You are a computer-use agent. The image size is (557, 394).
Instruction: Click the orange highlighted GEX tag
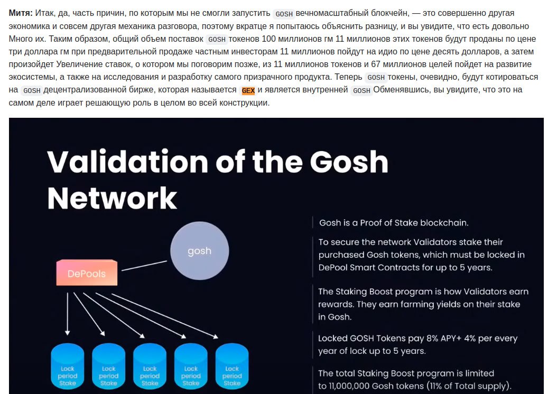[x=248, y=90]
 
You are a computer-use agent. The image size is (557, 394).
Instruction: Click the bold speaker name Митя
[x=21, y=13]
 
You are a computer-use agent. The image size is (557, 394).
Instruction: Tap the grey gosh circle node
[x=199, y=251]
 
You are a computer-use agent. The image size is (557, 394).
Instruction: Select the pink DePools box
[x=87, y=273]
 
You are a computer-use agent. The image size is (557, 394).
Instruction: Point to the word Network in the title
[x=112, y=198]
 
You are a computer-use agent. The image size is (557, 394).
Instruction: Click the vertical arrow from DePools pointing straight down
[x=68, y=312]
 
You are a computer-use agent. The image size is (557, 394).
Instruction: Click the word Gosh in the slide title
[x=349, y=161]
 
